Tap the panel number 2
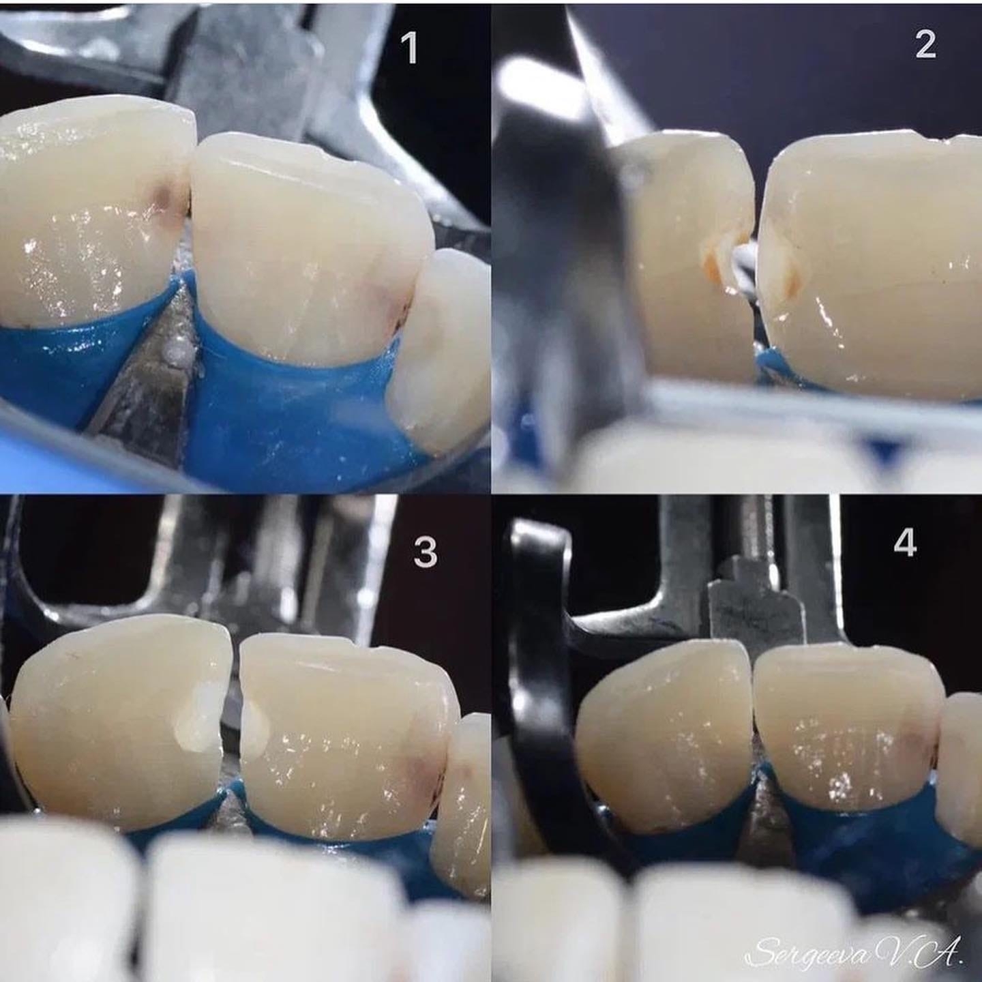click(x=925, y=44)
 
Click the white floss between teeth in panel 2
click(x=743, y=265)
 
